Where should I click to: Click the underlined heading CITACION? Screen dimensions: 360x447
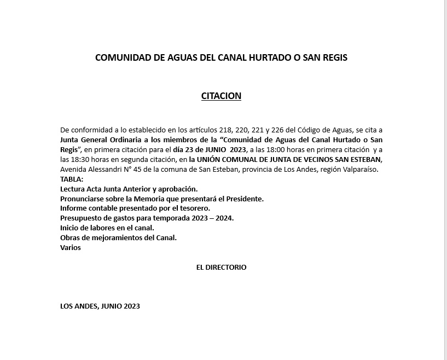221,96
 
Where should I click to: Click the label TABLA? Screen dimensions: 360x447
72,179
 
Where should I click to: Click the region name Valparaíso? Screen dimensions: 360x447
358,170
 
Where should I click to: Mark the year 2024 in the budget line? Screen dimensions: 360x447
224,218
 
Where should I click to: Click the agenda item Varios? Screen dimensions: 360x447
71,247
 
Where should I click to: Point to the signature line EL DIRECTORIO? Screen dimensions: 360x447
221,268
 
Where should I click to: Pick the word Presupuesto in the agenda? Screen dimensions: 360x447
81,218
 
